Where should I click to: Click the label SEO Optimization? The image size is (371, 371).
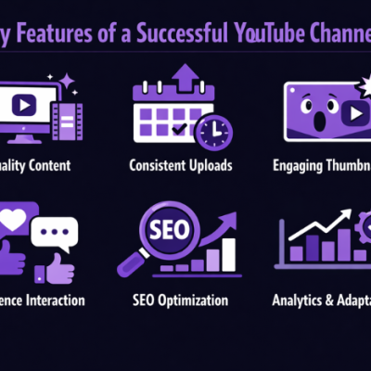pyautogui.click(x=182, y=300)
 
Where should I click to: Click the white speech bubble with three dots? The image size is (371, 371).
pyautogui.click(x=55, y=233)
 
